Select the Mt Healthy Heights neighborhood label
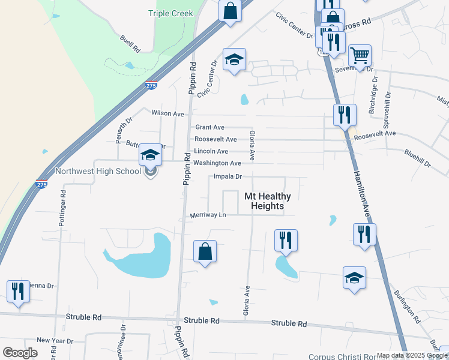coord(267,201)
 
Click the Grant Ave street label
coord(209,127)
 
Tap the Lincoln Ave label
coord(211,151)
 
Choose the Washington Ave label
coord(217,163)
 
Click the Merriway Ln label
coord(208,215)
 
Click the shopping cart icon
coord(360,56)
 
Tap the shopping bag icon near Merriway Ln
coord(205,251)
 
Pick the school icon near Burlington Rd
coord(354,278)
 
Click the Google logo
coord(20,353)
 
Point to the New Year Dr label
coord(55,341)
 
